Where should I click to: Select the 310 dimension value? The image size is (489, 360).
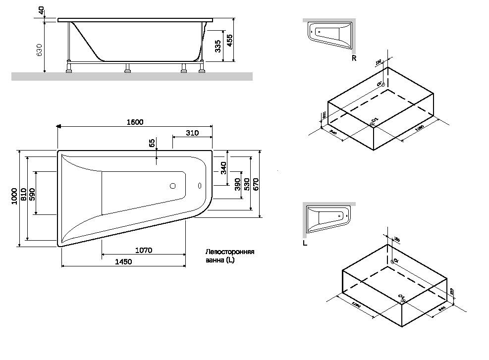(192, 133)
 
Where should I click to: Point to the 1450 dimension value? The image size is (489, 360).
(123, 262)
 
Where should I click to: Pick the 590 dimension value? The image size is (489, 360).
(32, 194)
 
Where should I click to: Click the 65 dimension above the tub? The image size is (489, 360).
(153, 143)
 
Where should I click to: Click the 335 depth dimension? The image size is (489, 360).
(217, 47)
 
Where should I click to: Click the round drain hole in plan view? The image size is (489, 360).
(173, 186)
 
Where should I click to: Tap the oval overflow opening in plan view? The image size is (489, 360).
(200, 186)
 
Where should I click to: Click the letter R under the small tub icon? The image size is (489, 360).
(354, 58)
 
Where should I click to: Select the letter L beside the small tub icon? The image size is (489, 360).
(305, 243)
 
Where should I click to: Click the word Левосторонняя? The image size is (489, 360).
(229, 252)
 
